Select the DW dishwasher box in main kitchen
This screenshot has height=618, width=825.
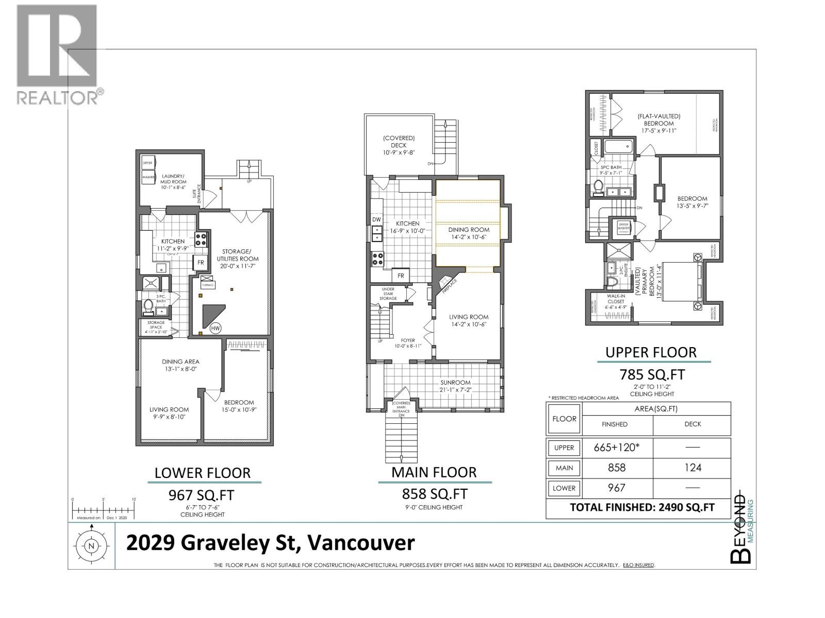pyautogui.click(x=376, y=219)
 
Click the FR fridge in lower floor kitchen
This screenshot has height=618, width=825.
pyautogui.click(x=201, y=263)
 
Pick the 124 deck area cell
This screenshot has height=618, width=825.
pyautogui.click(x=692, y=468)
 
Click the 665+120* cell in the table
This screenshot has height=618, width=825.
pyautogui.click(x=617, y=448)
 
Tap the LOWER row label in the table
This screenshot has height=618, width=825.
pyautogui.click(x=564, y=488)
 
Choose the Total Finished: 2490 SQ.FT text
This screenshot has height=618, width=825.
pyautogui.click(x=642, y=507)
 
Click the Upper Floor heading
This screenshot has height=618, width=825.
pyautogui.click(x=651, y=352)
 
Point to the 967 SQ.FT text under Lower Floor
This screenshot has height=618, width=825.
pyautogui.click(x=202, y=495)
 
